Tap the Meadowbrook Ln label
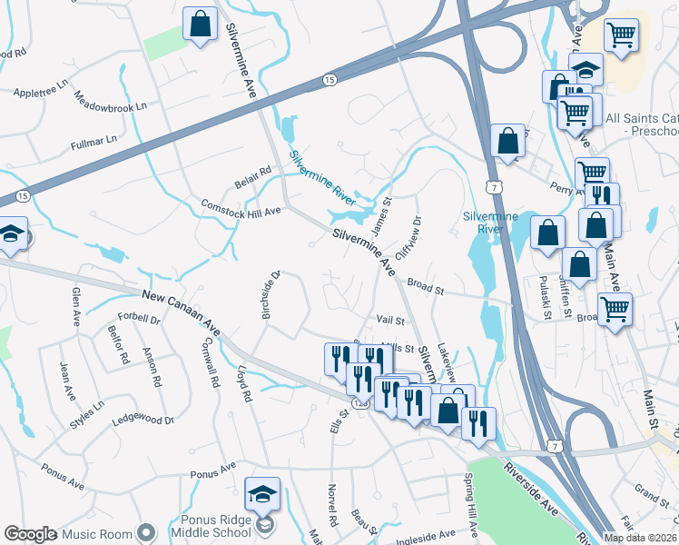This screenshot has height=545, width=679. click(110, 102)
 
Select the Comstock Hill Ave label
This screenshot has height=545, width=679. click(241, 208)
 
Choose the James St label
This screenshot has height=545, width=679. click(381, 213)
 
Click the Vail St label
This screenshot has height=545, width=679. click(390, 320)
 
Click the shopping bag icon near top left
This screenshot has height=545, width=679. click(201, 25)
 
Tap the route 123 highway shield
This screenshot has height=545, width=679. click(359, 403)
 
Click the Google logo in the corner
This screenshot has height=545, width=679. click(30, 534)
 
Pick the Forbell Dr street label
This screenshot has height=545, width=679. click(139, 320)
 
